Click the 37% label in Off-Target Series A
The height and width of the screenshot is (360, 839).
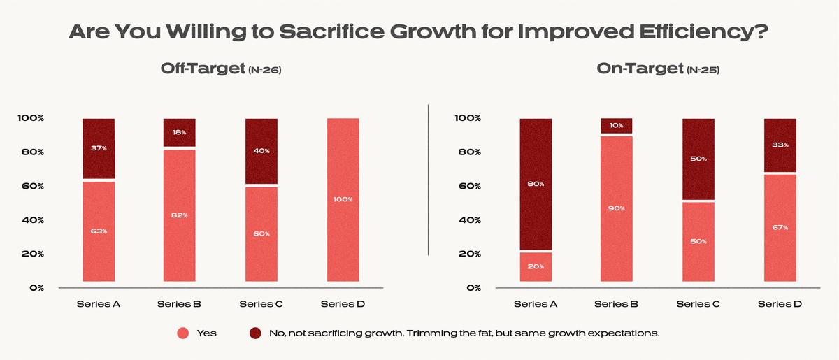tap(99, 147)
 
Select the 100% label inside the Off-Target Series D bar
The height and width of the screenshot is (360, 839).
tap(343, 199)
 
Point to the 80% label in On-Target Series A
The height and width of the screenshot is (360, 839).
tap(536, 184)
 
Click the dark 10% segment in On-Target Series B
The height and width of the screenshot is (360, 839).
tap(617, 126)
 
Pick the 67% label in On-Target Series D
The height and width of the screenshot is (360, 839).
tap(780, 227)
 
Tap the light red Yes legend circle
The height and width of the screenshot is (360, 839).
tap(183, 333)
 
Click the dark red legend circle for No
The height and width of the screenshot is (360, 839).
tap(255, 333)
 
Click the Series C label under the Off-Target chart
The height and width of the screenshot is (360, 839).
tap(261, 304)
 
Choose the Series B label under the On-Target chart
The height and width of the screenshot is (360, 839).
tap(616, 304)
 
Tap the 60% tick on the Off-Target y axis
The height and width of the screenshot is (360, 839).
tap(31, 186)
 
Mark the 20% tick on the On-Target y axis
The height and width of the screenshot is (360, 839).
tap(468, 254)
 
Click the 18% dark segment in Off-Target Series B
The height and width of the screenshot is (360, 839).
tap(180, 132)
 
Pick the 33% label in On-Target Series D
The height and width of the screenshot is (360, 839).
tap(780, 145)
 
